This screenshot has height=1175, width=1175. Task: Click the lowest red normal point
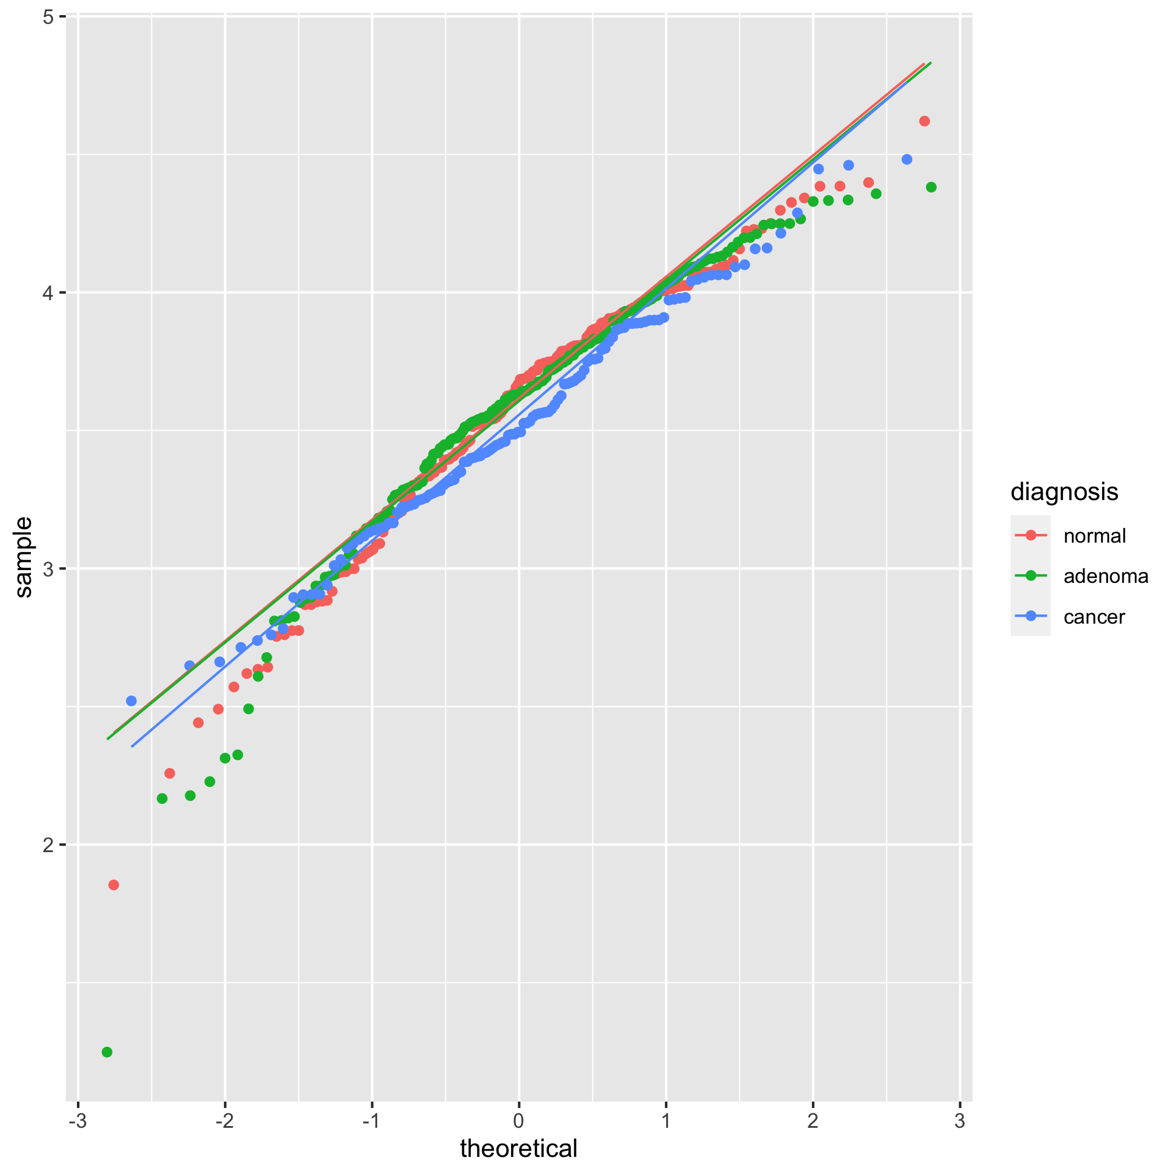coord(114,884)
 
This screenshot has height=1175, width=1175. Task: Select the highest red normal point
coord(924,121)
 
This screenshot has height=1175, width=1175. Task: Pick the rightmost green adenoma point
coord(931,187)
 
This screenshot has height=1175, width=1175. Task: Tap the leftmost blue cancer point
coord(131,701)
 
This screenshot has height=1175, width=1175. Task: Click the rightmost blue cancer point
coord(907,159)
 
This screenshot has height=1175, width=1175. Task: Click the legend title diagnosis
coord(1064,491)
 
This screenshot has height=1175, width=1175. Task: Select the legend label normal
coord(1095,536)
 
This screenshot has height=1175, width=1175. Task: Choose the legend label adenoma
coord(1106,576)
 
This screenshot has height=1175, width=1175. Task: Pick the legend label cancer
coord(1094,617)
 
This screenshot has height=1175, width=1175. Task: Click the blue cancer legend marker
coord(1030,616)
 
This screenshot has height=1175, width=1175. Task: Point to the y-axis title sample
coord(24,557)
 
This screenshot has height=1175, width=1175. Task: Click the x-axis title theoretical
coord(519,1148)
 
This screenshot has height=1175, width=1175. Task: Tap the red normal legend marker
coord(1030,535)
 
